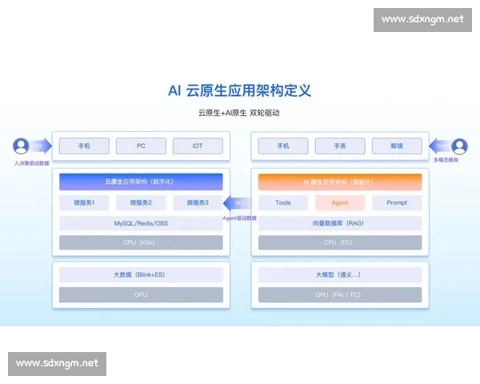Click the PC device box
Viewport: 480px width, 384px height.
point(141,146)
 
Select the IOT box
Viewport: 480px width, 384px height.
point(198,146)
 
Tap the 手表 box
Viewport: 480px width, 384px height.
point(340,146)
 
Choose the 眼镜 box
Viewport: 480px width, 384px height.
point(397,146)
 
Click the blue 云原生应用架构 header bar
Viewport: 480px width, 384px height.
point(141,182)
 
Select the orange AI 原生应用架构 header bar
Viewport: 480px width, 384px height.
point(340,182)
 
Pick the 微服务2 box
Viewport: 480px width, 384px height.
point(141,202)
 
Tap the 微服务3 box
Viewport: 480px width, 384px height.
point(198,202)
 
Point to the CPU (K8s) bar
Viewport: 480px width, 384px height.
point(141,242)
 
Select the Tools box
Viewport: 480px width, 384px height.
point(283,202)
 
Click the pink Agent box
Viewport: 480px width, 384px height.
point(340,202)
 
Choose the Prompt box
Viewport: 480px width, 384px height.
point(397,202)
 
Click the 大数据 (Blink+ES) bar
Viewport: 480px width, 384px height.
point(141,274)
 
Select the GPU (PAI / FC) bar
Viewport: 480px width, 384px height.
point(340,294)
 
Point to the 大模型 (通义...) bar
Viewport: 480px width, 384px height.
point(340,274)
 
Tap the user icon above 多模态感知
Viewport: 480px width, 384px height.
point(459,146)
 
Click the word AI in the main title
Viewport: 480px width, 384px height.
point(175,90)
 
